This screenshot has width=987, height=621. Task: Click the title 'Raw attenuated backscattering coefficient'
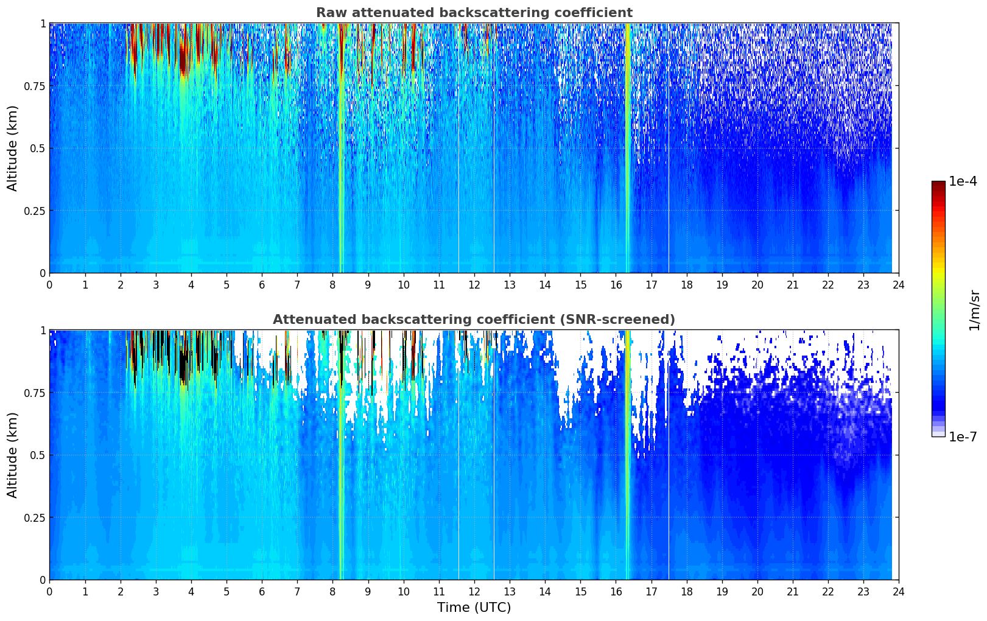pos(474,13)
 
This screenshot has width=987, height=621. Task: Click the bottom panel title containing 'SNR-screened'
pos(474,320)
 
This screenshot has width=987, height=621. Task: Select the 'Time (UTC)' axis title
pos(474,608)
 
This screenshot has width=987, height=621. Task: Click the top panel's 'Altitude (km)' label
pos(13,148)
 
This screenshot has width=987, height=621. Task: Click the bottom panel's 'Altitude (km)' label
pos(13,455)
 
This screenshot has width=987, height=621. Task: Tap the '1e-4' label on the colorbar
pos(962,182)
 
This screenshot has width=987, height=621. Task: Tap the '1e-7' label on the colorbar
pos(962,437)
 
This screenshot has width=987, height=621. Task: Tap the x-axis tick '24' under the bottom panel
pos(899,591)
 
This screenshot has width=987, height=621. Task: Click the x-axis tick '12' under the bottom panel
pos(474,591)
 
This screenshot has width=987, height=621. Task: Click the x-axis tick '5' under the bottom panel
pos(227,591)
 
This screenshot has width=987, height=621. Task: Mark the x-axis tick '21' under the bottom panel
pos(792,591)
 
